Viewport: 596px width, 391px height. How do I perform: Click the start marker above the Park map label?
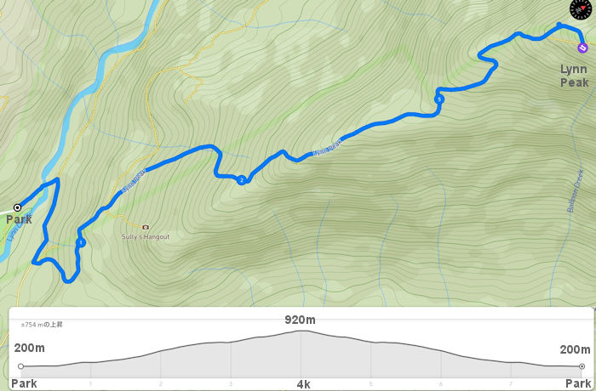17,207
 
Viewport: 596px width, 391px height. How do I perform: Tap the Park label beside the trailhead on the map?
19,219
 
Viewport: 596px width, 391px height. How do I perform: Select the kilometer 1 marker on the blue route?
80,243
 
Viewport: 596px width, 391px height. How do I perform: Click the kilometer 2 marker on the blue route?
242,179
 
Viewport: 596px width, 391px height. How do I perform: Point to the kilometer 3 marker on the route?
438,99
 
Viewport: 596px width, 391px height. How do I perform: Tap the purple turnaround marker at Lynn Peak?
582,48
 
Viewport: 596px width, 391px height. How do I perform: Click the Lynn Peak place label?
573,76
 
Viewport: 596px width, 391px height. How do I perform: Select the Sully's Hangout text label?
146,237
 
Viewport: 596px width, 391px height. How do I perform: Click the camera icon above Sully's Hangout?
146,227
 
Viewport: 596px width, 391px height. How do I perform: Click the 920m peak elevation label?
300,320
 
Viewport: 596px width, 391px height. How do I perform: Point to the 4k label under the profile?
303,384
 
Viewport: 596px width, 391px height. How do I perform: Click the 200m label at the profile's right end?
575,349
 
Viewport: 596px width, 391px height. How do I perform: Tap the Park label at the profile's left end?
24,384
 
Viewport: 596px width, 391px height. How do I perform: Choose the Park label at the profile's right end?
577,384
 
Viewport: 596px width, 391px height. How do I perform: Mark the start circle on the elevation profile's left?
21,366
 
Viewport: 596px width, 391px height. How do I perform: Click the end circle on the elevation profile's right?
582,366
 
